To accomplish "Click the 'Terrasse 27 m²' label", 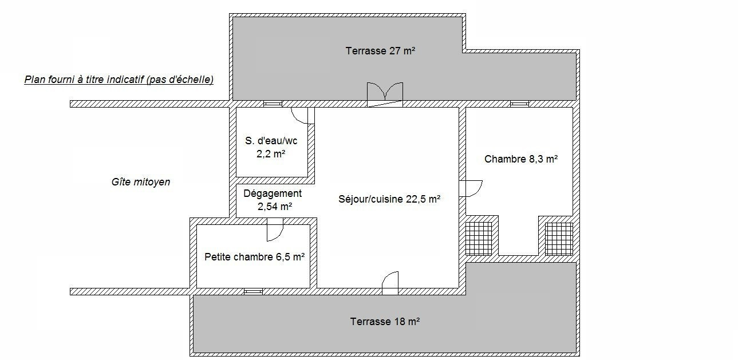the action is (380, 51).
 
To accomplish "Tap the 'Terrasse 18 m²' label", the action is (385, 321).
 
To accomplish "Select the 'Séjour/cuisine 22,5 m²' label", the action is (389, 199).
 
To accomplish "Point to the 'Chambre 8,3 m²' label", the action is (521, 159).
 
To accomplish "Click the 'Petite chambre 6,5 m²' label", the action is (254, 257).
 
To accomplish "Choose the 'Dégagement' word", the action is (273, 193).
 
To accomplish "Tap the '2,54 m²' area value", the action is (275, 207).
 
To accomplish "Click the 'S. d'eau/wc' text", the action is (271, 141).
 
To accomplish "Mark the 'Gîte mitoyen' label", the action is (141, 182).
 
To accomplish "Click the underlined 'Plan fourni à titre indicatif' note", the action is (119, 80).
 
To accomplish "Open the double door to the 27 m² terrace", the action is (385, 95).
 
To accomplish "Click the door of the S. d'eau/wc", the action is (302, 116).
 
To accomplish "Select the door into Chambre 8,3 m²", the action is (471, 189).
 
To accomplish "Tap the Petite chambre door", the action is (275, 230).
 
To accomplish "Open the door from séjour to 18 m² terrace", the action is (390, 283).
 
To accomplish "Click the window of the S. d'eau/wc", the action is (273, 104).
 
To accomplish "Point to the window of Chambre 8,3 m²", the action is (519, 104).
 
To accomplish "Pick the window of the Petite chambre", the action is (254, 291).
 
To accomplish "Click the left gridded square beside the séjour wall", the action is (479, 239).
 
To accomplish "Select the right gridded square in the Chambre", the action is (559, 239).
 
